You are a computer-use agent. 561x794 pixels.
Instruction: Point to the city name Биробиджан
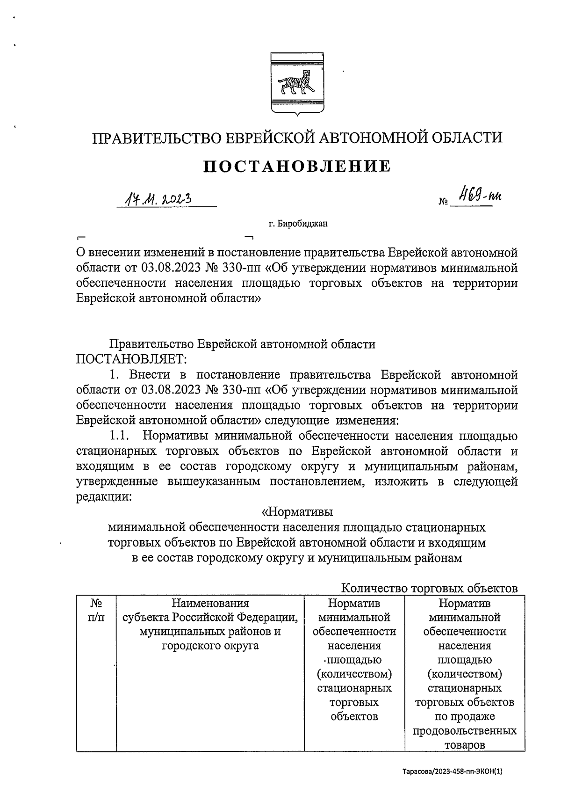pyautogui.click(x=302, y=224)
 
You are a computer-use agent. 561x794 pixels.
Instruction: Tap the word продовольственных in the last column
pyautogui.click(x=465, y=731)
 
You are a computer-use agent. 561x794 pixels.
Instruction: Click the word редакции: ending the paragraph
pyautogui.click(x=104, y=497)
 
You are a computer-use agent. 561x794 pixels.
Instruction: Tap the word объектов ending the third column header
pyautogui.click(x=354, y=716)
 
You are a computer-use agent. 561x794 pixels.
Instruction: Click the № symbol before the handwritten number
pyautogui.click(x=443, y=203)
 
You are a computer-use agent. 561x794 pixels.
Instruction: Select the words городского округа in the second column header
pyautogui.click(x=210, y=646)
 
